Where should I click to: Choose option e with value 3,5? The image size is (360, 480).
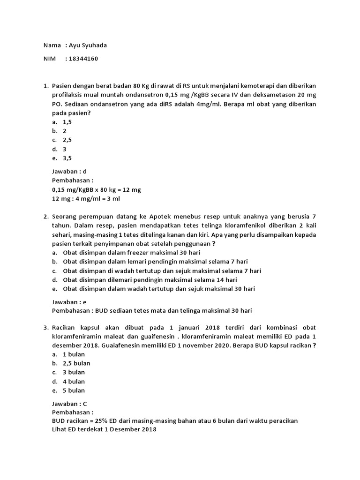pos(67,158)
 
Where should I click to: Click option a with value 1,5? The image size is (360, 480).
pos(67,122)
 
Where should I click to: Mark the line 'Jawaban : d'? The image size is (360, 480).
pos(69,172)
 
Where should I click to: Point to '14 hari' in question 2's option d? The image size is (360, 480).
pos(226,280)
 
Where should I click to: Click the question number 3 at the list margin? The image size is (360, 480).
pos(45,327)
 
